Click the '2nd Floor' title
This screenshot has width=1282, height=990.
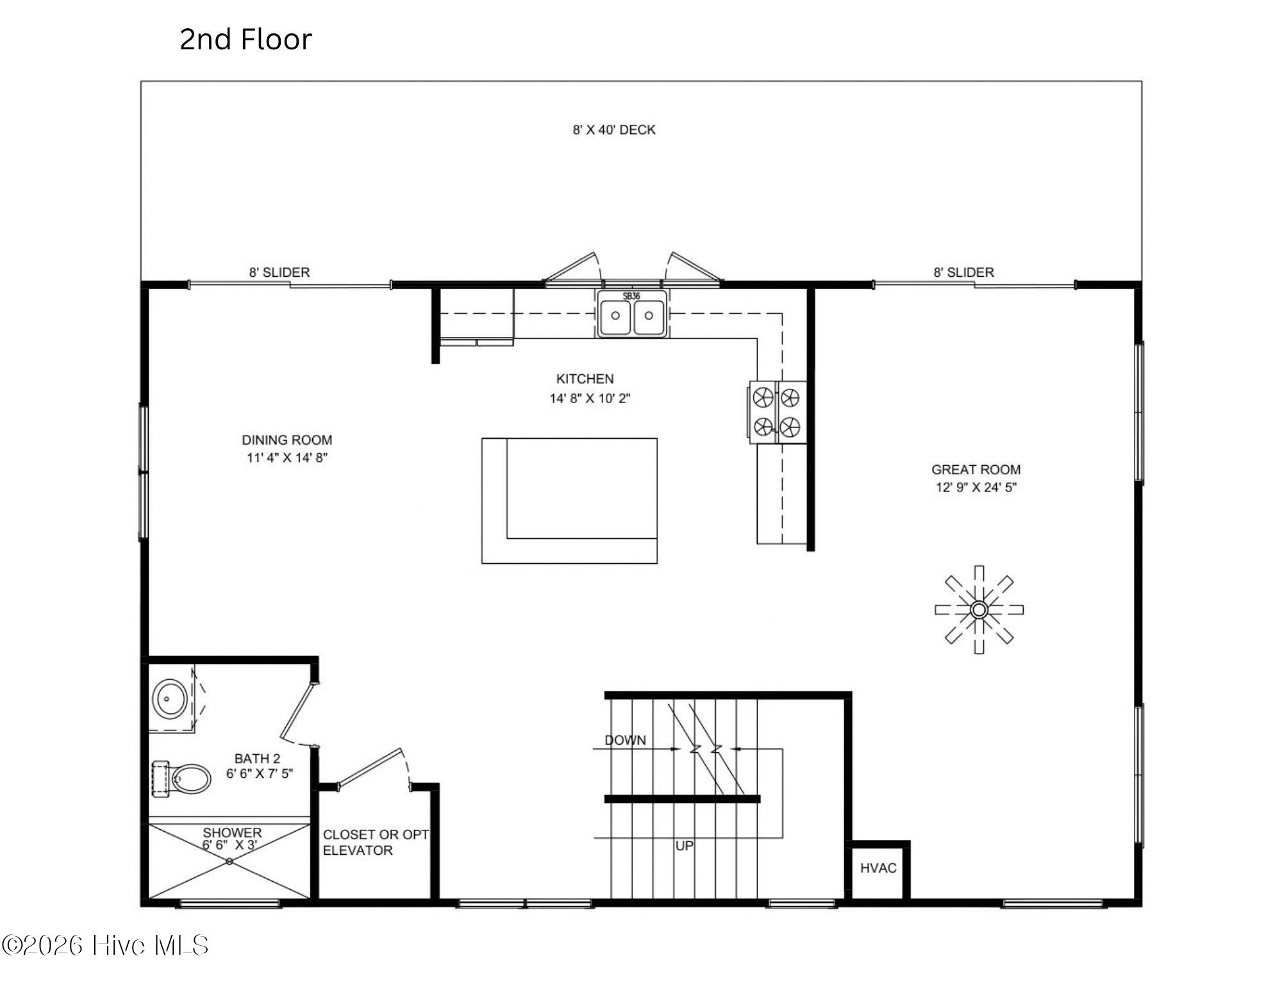coord(246,39)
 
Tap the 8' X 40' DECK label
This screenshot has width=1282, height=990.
coord(614,130)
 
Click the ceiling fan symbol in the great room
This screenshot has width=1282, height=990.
coord(979,609)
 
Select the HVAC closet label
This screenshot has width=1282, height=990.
coord(878,868)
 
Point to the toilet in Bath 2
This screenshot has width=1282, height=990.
coord(182,779)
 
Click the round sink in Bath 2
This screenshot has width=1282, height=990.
coord(170,698)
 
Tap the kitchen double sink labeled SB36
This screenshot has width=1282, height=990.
coord(632,314)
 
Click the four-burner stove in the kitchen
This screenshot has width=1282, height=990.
coord(778,412)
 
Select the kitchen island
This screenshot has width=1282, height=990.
coord(569,500)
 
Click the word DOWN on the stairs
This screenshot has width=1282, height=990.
coord(625,740)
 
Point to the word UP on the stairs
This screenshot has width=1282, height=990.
coord(684,846)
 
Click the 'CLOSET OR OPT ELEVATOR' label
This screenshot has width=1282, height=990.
coord(376,843)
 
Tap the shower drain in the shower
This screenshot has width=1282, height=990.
coord(229,862)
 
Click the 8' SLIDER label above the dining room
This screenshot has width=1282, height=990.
coord(279,272)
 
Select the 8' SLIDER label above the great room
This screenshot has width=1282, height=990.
coord(963,272)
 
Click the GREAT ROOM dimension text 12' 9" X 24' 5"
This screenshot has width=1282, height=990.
coord(976,487)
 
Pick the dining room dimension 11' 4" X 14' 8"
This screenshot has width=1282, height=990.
coord(287,458)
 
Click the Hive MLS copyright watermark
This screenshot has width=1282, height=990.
coord(105,945)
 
